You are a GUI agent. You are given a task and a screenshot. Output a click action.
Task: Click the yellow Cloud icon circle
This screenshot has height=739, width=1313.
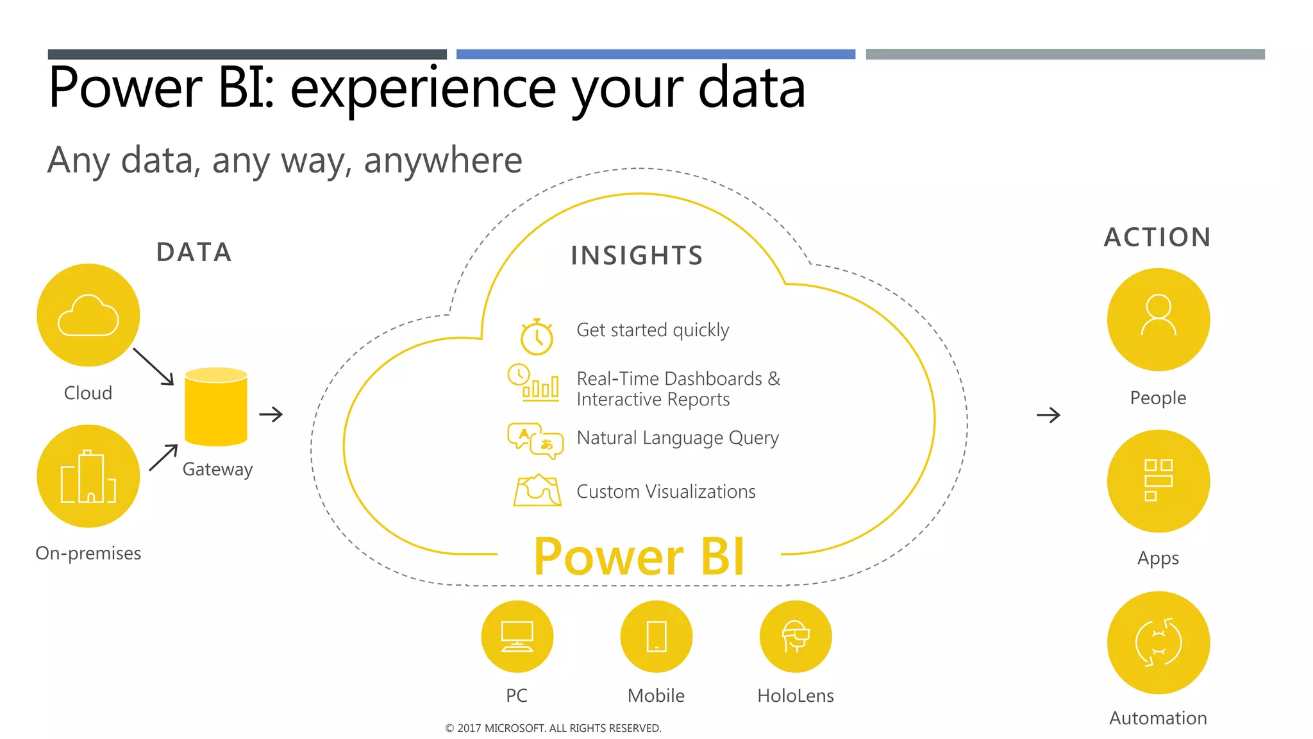[x=88, y=315]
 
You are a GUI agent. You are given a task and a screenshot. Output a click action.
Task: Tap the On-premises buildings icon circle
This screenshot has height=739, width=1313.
[x=88, y=476]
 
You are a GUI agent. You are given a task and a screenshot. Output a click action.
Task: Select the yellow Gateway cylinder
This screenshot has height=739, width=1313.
[x=216, y=407]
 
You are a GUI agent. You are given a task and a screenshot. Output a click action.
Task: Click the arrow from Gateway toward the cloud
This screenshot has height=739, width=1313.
[x=271, y=414]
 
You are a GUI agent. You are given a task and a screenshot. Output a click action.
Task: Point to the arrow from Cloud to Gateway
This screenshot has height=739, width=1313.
[x=153, y=366]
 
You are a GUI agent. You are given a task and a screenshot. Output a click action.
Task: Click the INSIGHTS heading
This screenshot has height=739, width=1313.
[x=637, y=255]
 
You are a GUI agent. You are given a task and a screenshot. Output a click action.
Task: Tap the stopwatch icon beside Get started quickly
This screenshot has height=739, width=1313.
[x=537, y=337]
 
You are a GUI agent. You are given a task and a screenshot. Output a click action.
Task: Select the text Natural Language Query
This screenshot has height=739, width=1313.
[x=678, y=437]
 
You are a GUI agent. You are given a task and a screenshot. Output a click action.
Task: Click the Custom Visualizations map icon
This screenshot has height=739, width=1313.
[x=537, y=491]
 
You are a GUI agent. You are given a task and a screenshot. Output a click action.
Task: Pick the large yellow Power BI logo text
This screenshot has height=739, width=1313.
[x=639, y=556]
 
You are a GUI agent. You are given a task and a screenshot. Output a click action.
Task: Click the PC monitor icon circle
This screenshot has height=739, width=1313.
[x=517, y=636]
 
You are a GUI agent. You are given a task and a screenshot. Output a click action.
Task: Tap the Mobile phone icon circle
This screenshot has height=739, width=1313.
[x=656, y=636]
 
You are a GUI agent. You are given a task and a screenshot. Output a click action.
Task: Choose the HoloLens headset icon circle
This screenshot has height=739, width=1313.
[x=796, y=636]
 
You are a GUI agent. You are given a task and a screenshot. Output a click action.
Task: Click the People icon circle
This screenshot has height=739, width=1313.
[x=1158, y=319]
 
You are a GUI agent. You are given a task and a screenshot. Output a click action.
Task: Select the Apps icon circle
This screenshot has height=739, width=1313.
[x=1158, y=480]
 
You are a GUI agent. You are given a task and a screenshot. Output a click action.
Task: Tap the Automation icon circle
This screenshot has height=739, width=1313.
[x=1158, y=642]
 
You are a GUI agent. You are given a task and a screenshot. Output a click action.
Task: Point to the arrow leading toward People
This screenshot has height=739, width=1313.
[x=1049, y=415]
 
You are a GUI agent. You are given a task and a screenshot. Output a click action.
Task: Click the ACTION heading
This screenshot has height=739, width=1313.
[x=1157, y=237]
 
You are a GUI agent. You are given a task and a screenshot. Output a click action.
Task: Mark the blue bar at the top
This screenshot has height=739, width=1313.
[x=655, y=55]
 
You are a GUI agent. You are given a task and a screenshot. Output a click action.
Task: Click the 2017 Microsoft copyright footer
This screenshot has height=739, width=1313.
[x=553, y=728]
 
